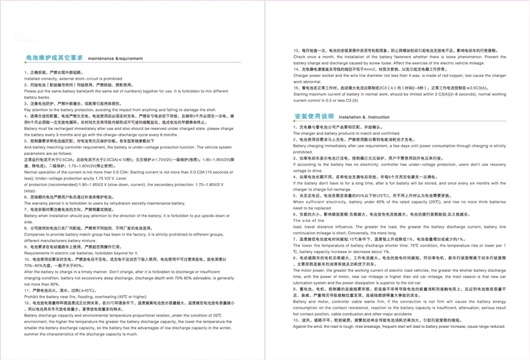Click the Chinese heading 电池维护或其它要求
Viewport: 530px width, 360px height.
pyautogui.click(x=54, y=57)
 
